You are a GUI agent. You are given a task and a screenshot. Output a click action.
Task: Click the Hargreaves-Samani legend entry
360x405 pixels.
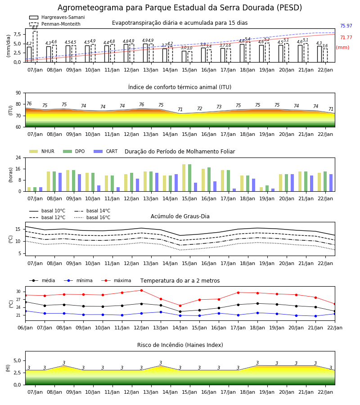pyautogui.click(x=57, y=17)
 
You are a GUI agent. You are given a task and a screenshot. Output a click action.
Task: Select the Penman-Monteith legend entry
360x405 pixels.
pyautogui.click(x=55, y=24)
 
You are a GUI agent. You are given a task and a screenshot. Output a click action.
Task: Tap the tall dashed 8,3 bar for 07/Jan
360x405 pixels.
pyautogui.click(x=35, y=46)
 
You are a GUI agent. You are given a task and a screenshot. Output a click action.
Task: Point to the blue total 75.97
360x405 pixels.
pyautogui.click(x=346, y=26)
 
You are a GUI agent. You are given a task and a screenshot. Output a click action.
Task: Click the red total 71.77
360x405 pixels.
pyautogui.click(x=346, y=37)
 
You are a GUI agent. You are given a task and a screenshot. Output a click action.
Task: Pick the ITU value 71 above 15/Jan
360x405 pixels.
pyautogui.click(x=180, y=109)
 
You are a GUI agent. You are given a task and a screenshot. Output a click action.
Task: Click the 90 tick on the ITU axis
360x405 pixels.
pyautogui.click(x=18, y=93)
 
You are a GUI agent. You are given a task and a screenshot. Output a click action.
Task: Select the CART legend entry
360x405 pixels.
pyautogui.click(x=105, y=151)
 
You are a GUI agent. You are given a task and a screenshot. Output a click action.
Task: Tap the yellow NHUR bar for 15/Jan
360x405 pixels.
pyautogui.click(x=184, y=178)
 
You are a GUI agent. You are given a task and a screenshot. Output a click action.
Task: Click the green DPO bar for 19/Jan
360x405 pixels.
pyautogui.click(x=267, y=188)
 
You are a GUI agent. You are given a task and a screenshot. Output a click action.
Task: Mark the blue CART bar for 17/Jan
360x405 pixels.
pyautogui.click(x=234, y=190)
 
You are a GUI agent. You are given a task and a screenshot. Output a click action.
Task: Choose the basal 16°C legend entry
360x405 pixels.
pyautogui.click(x=92, y=217)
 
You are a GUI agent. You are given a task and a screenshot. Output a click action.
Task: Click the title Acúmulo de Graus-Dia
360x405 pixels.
pyautogui.click(x=180, y=216)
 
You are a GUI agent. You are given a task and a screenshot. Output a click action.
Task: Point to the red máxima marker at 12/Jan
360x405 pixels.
pyautogui.click(x=141, y=291)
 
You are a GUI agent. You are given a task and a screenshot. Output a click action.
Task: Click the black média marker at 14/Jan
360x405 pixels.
pyautogui.click(x=180, y=311)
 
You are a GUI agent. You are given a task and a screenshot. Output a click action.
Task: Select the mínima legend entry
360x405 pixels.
pyautogui.click(x=78, y=280)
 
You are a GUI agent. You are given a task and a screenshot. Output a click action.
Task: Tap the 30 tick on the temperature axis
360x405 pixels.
pyautogui.click(x=18, y=292)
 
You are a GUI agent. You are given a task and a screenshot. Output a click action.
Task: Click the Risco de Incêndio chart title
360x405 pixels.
pyautogui.click(x=180, y=345)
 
